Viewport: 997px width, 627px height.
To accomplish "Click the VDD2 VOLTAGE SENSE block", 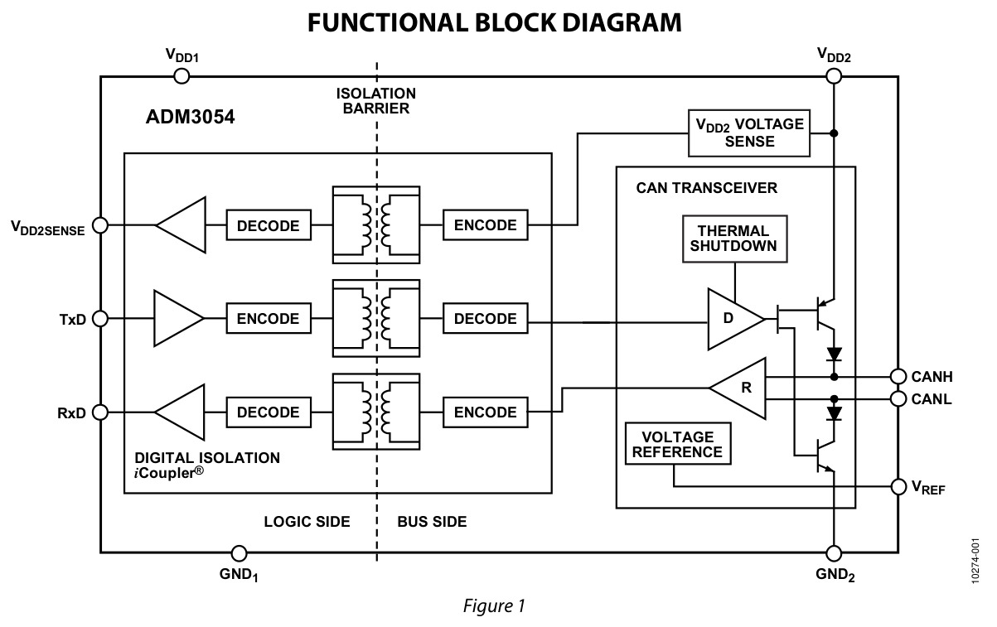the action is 749,133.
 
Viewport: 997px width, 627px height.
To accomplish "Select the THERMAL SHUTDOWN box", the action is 735,239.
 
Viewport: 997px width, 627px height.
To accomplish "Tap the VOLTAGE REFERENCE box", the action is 678,443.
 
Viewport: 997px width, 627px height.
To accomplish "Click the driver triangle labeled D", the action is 735,319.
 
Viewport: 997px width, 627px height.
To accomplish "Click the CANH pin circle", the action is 898,377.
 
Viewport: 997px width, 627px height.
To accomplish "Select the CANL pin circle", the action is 898,399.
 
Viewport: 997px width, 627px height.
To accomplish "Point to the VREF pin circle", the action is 898,487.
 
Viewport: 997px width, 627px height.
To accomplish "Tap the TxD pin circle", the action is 100,318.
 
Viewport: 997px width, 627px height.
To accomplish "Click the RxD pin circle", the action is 100,412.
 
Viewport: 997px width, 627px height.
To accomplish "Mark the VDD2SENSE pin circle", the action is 100,225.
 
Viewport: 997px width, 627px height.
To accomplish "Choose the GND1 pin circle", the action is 239,553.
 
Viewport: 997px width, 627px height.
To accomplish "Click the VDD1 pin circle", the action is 181,76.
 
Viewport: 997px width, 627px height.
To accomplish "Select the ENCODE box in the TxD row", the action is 269,318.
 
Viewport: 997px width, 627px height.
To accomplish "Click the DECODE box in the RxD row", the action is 269,412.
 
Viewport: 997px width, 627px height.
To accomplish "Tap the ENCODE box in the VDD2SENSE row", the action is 485,225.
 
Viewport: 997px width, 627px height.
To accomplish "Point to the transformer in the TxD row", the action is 376,318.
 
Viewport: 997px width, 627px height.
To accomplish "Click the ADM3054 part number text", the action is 190,117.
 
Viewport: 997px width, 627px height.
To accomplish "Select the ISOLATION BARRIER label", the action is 376,101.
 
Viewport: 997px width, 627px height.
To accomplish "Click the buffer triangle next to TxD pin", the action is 178,318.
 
